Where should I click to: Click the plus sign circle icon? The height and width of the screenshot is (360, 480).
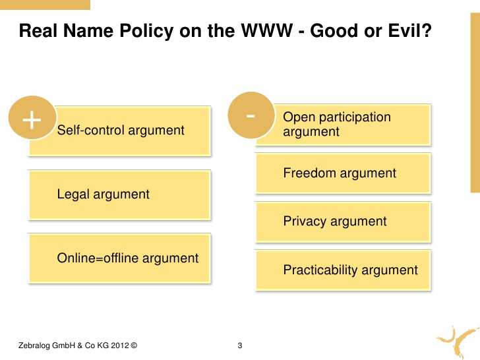[32, 118]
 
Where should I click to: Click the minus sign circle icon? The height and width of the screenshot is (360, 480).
[251, 115]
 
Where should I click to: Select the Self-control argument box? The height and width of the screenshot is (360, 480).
[120, 131]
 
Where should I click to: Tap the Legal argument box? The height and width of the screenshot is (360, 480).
[120, 195]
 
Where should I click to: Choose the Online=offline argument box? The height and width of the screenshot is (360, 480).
[120, 258]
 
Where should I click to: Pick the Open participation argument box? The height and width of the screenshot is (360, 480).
[343, 124]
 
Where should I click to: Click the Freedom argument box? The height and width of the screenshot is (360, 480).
[343, 173]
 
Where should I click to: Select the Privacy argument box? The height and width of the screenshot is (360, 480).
[343, 222]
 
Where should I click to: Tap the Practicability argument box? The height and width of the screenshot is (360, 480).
[343, 270]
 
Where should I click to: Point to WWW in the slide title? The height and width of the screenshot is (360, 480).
[266, 30]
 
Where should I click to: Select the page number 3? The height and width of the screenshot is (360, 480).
[240, 345]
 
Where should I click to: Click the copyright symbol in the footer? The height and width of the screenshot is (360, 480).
[134, 345]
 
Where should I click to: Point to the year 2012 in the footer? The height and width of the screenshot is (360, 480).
[120, 345]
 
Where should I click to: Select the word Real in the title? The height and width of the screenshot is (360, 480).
[38, 30]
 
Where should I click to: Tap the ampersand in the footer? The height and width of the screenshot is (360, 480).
[80, 345]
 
